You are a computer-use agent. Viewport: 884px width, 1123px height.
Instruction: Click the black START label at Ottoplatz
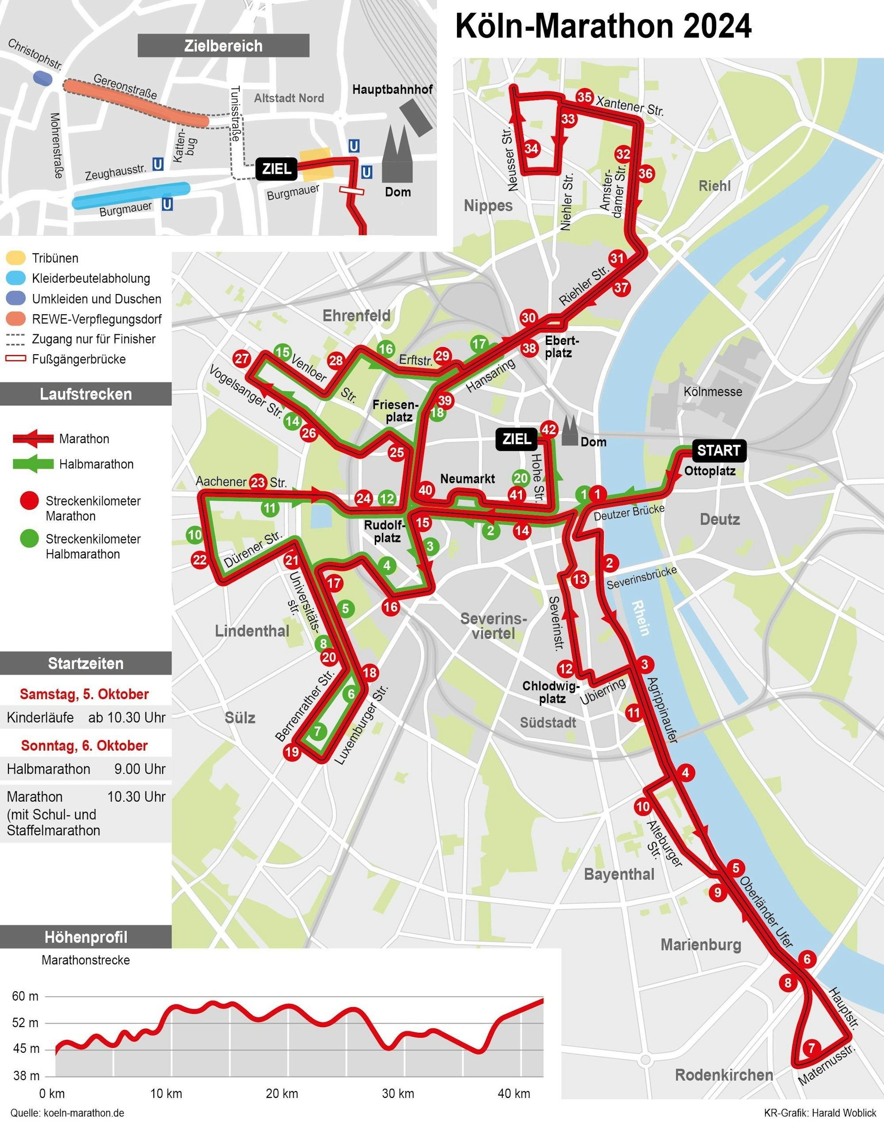click(718, 451)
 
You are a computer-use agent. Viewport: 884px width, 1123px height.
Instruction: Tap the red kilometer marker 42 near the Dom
click(549, 429)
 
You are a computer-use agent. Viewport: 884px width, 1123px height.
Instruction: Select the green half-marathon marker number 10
click(194, 535)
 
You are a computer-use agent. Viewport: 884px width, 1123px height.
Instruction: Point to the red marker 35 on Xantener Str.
click(584, 97)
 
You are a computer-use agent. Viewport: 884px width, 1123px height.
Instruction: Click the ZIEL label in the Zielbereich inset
click(276, 169)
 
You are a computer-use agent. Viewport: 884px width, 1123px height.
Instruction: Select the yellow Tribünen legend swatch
click(15, 258)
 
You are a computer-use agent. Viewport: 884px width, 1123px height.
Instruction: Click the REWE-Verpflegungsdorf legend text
click(97, 319)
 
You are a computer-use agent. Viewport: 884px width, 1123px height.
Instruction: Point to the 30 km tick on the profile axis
click(397, 1093)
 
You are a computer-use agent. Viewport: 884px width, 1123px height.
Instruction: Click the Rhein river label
click(640, 618)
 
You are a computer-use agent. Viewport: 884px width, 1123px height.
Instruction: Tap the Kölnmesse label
click(713, 391)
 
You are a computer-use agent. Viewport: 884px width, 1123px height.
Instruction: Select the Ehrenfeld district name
click(356, 315)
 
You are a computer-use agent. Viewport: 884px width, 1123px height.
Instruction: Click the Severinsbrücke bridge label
click(641, 578)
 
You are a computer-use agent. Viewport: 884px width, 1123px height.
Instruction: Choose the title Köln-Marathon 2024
click(603, 27)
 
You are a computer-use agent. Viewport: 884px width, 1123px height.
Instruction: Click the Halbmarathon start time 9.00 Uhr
click(140, 769)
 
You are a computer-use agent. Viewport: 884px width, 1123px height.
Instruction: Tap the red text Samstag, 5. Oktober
click(84, 694)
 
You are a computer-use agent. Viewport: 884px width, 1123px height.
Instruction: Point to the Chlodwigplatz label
click(551, 692)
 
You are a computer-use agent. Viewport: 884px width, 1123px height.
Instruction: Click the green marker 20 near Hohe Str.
click(521, 478)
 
